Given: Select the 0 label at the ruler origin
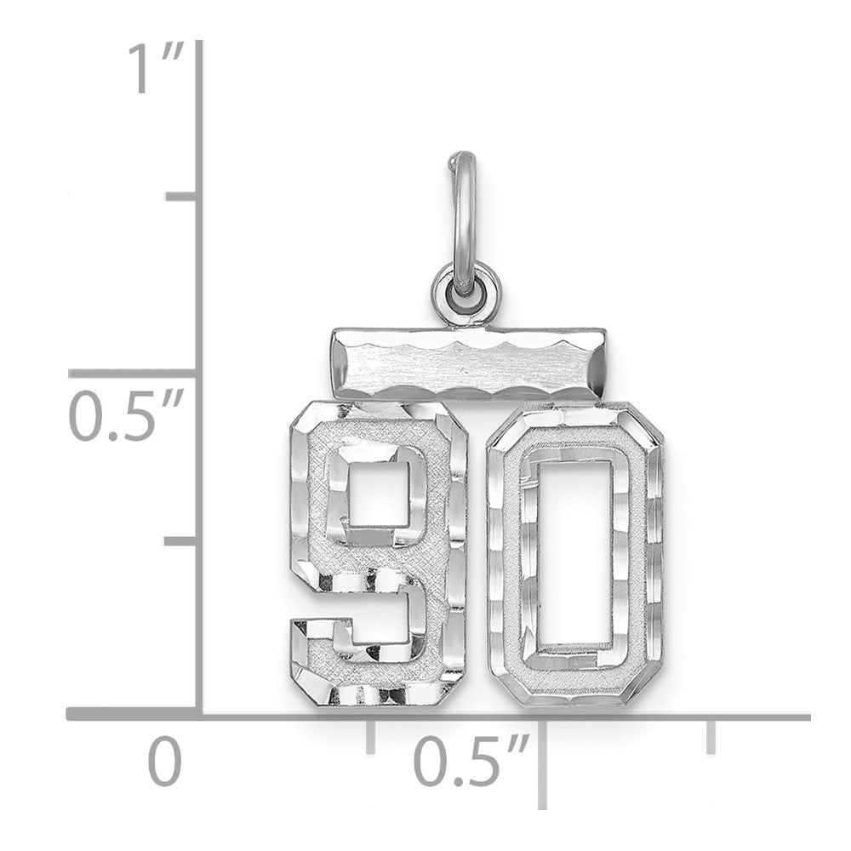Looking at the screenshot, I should tap(166, 762).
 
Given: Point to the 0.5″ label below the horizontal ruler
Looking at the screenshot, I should tap(473, 762).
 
